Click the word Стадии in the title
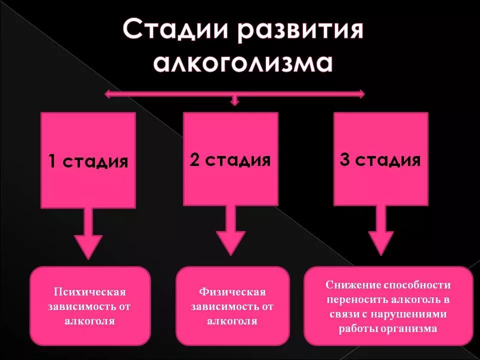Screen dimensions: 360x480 [176, 32]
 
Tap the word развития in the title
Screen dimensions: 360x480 [301, 32]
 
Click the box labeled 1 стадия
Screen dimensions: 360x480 [88, 160]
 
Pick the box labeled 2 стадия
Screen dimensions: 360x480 [230, 158]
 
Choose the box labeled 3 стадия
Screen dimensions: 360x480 [380, 158]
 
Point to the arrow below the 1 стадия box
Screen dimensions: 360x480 [88, 235]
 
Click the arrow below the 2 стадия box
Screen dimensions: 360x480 [230, 232]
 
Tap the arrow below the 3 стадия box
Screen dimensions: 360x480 [380, 232]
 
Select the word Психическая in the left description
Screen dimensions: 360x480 [90, 292]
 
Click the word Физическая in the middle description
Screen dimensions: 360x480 [232, 292]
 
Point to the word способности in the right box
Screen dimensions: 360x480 [417, 285]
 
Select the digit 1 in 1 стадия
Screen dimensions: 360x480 [52, 162]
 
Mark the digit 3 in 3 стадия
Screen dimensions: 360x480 [344, 160]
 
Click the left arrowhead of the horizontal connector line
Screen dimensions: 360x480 [106, 93]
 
